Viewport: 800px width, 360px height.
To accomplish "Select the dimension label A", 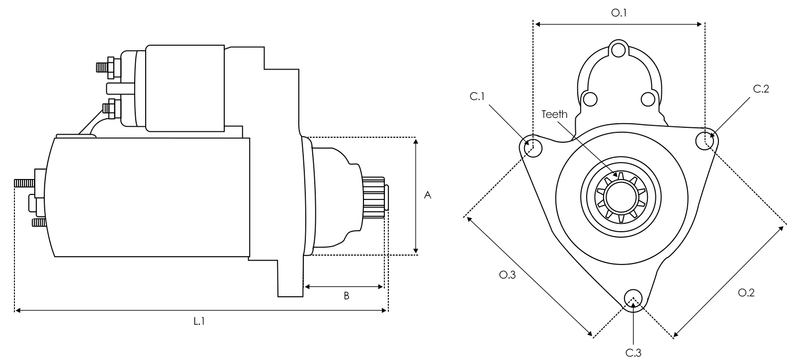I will coord(428,196).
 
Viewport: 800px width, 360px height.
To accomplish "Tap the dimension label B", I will coord(345,297).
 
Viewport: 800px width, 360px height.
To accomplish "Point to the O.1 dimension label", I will coord(620,12).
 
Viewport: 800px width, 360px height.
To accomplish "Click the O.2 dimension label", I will coord(745,293).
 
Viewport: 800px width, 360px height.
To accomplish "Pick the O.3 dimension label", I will coord(508,275).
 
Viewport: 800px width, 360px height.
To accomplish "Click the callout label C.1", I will coord(477,96).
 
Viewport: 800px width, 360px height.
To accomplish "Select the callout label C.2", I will coord(761,89).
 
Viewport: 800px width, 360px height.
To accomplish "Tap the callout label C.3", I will coord(633,352).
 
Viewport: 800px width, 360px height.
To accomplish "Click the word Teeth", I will coord(555,114).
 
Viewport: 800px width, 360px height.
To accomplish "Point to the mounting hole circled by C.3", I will coord(632,299).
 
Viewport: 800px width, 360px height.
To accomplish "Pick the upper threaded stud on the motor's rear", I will coord(24,183).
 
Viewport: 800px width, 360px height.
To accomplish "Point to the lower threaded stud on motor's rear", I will coord(38,222).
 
